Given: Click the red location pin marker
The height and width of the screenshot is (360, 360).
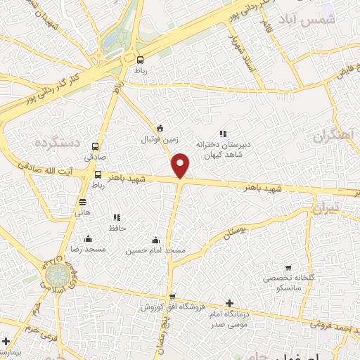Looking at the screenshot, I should tap(181, 165).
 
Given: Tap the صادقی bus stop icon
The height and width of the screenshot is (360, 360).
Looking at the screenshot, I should tap(95, 146).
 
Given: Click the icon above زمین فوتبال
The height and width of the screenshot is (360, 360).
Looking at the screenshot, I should tap(160, 128).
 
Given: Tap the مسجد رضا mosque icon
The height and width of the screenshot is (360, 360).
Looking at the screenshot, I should tap(87, 238).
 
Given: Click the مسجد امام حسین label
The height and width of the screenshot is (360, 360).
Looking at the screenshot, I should tap(155, 250).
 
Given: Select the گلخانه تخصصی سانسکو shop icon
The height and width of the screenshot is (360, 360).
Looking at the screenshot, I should tap(288, 268).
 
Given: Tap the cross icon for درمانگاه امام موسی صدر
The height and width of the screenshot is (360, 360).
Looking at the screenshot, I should tap(229, 303).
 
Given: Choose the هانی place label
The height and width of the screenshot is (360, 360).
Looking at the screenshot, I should tap(83, 212).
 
